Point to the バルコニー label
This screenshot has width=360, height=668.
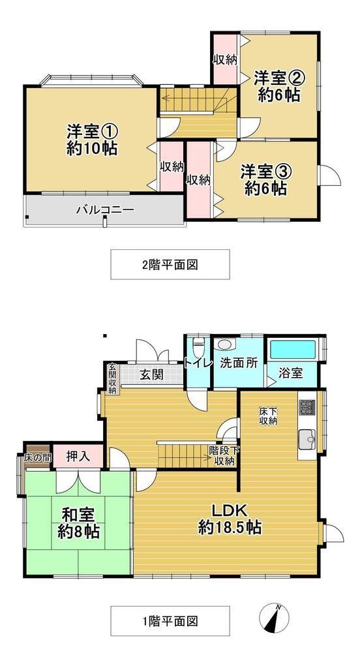[105, 209]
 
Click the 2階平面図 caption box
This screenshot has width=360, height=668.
[170, 265]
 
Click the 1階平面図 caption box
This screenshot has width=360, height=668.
[170, 621]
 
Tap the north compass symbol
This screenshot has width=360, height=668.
[275, 618]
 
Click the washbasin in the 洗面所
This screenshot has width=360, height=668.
[223, 344]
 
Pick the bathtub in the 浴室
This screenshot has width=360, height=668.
[293, 350]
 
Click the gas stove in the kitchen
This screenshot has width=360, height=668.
[307, 407]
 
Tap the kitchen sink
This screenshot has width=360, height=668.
[307, 439]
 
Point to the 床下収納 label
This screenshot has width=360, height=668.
[269, 416]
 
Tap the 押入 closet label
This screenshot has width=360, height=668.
[78, 456]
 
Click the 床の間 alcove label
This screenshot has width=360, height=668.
[37, 459]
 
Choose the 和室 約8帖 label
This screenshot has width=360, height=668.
[79, 523]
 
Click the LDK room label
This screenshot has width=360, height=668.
[230, 519]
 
